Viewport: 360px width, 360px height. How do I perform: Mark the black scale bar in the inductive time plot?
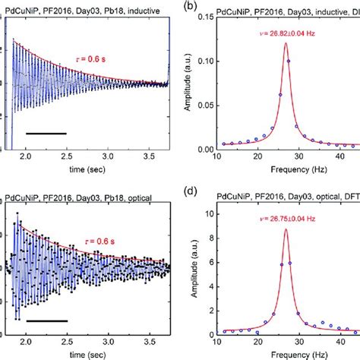[x=46, y=134]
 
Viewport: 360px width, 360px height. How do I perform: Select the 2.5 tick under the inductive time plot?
[x=67, y=156]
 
